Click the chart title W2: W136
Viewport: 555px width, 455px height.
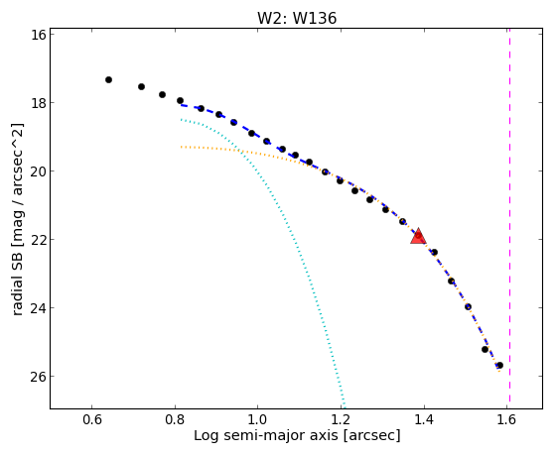(x=297, y=18)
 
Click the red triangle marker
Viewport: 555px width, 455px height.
(x=418, y=236)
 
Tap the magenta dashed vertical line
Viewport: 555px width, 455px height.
(x=509, y=215)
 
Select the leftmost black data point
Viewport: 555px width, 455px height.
(x=108, y=80)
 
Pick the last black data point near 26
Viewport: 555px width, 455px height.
(x=499, y=365)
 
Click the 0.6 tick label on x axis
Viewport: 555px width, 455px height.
(x=92, y=419)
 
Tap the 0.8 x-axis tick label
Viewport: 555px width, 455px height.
(x=175, y=419)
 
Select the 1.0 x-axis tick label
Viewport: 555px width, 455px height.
(x=258, y=419)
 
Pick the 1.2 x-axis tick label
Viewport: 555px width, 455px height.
(x=341, y=419)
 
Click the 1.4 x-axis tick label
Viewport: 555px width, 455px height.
(x=424, y=419)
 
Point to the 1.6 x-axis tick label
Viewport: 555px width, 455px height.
(x=506, y=419)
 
